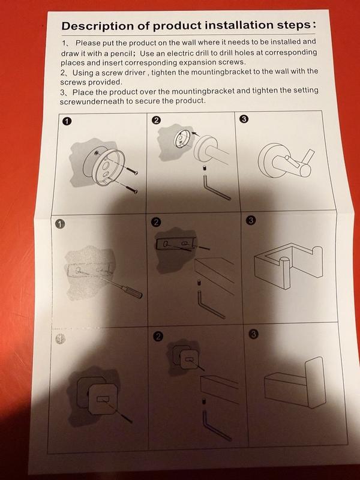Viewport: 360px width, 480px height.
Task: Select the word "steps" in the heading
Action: [x=295, y=25]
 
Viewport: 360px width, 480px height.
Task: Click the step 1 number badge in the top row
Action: [x=67, y=122]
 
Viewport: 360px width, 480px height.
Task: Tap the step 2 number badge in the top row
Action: [x=156, y=121]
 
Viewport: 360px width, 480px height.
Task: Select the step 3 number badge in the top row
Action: [x=244, y=119]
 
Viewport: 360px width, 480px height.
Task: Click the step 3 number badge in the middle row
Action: [x=251, y=220]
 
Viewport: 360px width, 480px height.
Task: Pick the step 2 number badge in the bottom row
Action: [x=158, y=337]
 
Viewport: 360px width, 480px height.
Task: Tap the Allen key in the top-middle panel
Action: [x=215, y=187]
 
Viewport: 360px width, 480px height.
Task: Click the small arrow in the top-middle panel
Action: [x=196, y=134]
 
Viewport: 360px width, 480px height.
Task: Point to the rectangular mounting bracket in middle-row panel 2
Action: [x=176, y=244]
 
